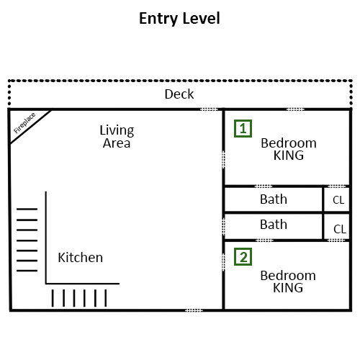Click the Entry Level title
coord(179,19)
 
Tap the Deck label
coord(179,94)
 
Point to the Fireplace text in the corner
coord(24,123)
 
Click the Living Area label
coord(117,137)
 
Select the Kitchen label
coord(81,258)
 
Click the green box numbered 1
coord(243,128)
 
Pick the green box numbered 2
coord(243,257)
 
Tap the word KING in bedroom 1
coord(289,156)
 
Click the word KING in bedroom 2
coord(288,288)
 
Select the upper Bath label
coord(274,199)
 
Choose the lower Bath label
coord(274,225)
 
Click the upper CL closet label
coord(338,200)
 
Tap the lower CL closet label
coord(340,229)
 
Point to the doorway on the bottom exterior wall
coord(194,310)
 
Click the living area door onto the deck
coord(209,109)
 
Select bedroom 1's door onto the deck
coord(295,109)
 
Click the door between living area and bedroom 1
coord(223,160)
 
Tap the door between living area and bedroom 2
coord(223,262)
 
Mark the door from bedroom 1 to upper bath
coord(264,186)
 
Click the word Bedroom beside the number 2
coord(288,276)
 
